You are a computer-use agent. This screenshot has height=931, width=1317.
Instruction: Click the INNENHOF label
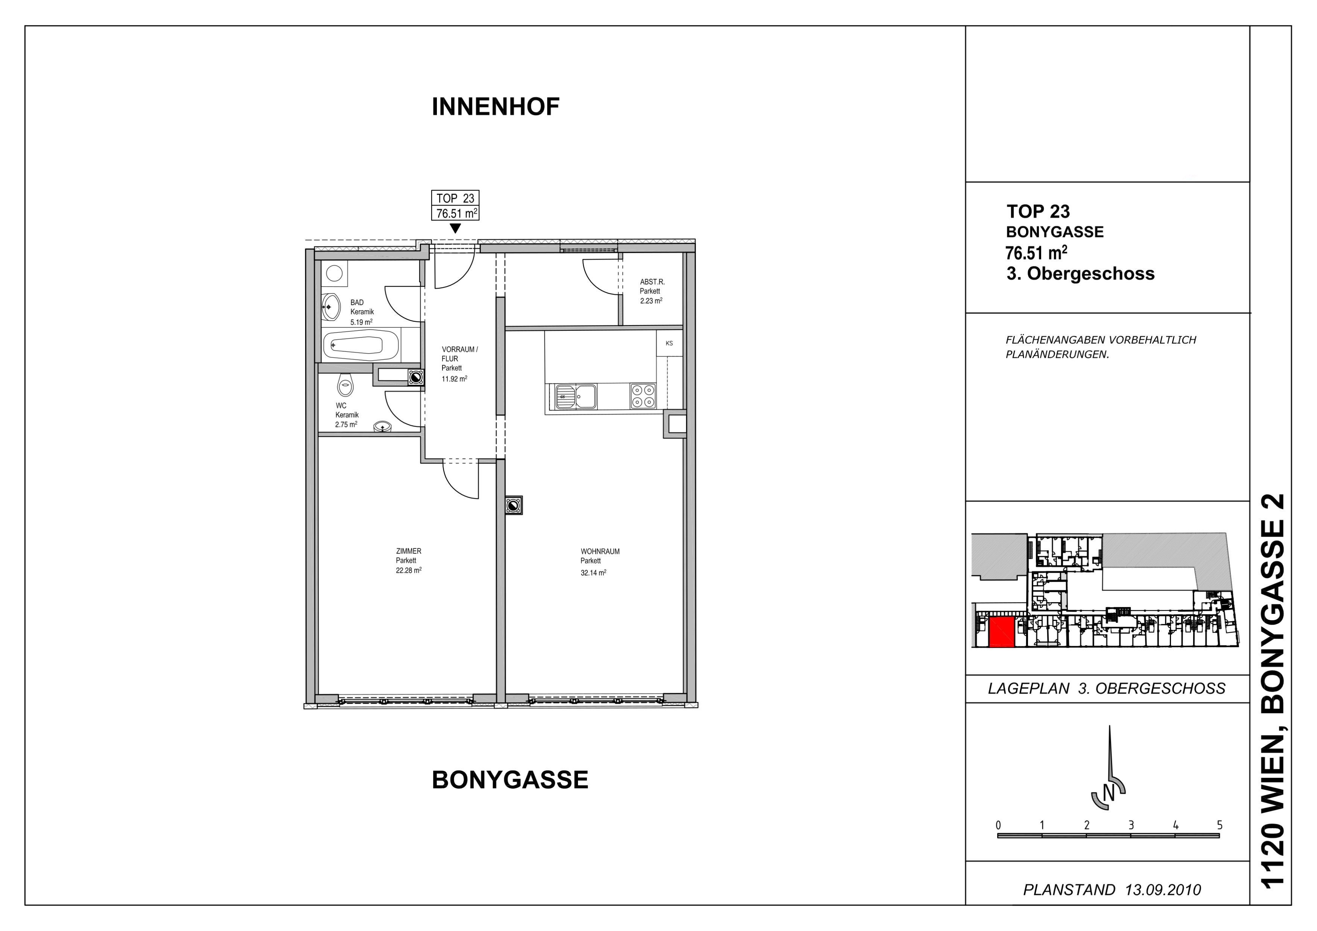coord(496,107)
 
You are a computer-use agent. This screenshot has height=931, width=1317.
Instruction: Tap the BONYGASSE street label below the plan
coord(510,780)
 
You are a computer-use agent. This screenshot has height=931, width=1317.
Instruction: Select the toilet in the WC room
coord(345,385)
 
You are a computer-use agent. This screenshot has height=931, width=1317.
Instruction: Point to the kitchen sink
coord(575,396)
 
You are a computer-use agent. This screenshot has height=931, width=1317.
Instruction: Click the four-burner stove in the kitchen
coord(642,396)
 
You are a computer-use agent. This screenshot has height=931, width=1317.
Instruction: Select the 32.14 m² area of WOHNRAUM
coord(594,572)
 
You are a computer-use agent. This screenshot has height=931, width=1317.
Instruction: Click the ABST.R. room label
coord(652,282)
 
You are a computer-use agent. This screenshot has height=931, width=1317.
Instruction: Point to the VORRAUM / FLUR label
coord(459,354)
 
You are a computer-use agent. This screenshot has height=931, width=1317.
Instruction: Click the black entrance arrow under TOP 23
coord(455,228)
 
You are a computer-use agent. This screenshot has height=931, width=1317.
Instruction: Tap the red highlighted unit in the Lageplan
coord(1002,633)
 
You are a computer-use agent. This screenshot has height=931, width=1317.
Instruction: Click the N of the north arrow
coord(1109,794)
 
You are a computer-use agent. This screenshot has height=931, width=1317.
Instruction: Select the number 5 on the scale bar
coord(1220,826)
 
